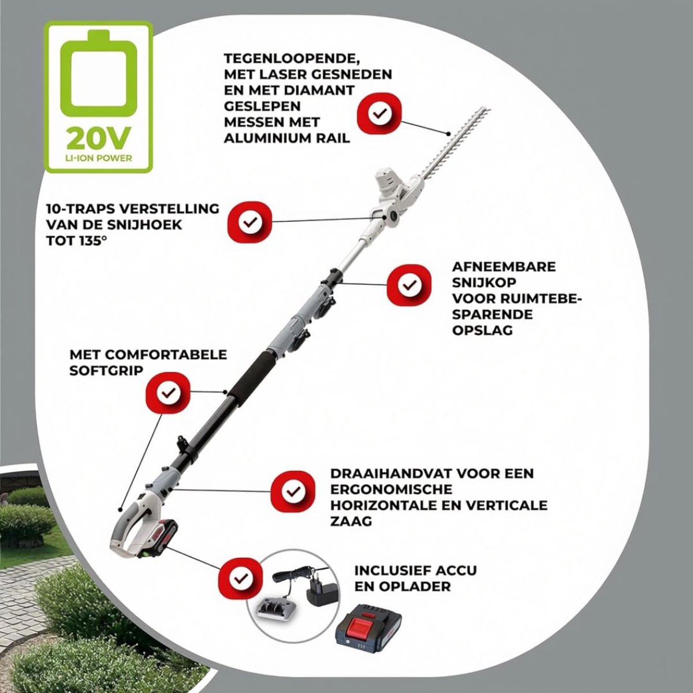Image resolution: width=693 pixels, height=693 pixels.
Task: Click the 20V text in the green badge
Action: pos(97,139)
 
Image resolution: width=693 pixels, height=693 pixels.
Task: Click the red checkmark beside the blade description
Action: pos(379,114)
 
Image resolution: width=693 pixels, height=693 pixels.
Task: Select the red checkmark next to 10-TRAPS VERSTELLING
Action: pos(249,222)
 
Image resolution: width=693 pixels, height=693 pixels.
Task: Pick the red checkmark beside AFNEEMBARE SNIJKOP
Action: pos(408,285)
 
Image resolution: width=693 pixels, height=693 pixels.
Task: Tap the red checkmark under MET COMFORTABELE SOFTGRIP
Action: pos(168,393)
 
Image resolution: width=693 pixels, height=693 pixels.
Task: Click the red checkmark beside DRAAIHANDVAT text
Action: pos(292,491)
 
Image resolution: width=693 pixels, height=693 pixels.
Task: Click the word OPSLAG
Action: pos(482,330)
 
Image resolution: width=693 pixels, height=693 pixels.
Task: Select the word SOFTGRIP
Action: pos(106,371)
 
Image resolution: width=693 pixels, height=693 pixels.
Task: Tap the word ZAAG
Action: pos(351,521)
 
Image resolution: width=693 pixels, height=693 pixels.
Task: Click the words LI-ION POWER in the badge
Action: pos(98,158)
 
